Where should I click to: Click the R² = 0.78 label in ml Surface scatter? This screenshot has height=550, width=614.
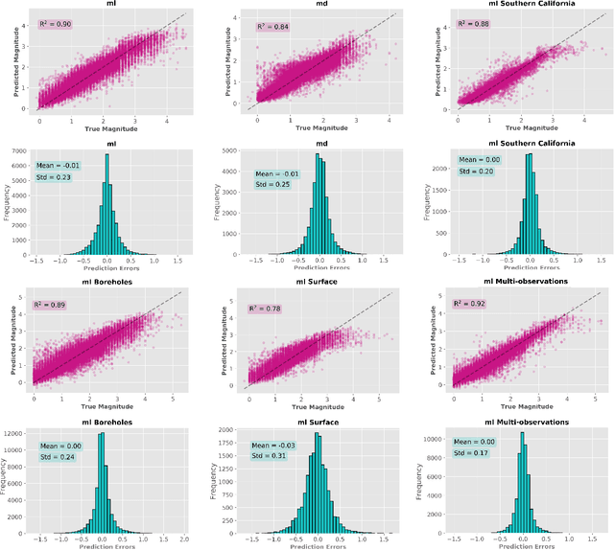click(265, 309)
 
